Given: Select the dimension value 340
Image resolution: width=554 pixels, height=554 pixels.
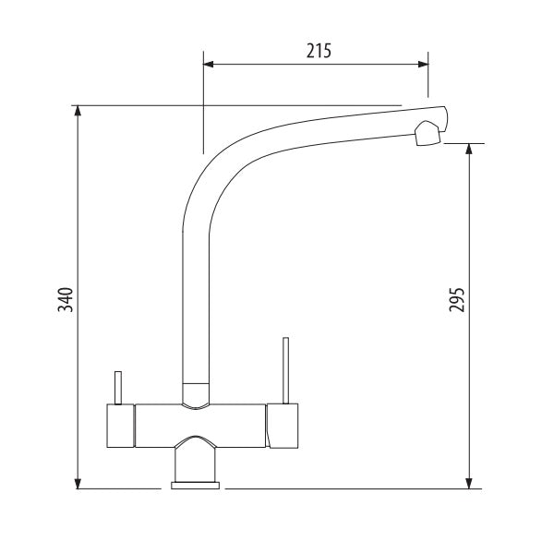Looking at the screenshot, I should (66, 300).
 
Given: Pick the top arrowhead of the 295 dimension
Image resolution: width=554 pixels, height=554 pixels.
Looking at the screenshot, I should (471, 150).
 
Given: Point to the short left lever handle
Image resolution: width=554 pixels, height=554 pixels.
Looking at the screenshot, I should (118, 387).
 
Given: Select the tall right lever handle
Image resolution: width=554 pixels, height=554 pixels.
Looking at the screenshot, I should (285, 370).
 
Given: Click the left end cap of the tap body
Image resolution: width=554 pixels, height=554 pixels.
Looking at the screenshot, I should (119, 425).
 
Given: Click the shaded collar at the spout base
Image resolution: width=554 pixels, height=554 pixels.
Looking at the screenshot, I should (195, 394).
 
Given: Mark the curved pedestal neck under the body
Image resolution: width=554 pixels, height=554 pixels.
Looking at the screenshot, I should (195, 457).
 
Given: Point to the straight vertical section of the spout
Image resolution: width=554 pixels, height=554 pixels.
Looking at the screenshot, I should (195, 295).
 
